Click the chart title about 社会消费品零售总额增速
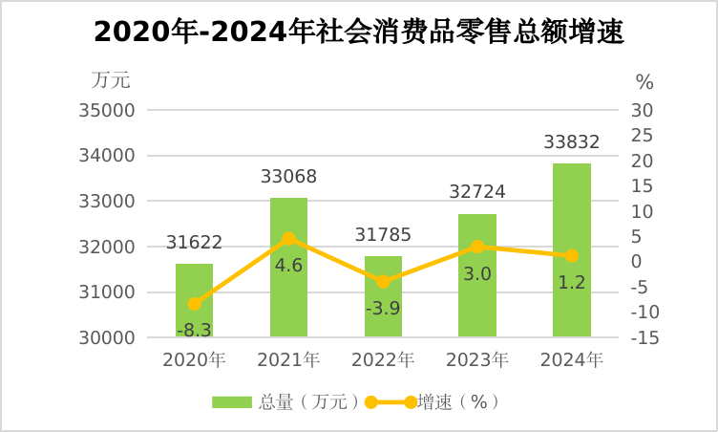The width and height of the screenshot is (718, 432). pos(359,32)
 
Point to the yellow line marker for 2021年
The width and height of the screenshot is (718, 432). pos(288,238)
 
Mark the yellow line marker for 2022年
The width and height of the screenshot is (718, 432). pos(383,281)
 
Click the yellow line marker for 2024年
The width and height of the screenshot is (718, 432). pos(572,255)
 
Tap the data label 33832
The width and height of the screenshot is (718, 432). pos(572,142)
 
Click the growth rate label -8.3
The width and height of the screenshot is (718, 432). pos(194,330)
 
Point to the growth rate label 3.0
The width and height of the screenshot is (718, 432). pos(477,274)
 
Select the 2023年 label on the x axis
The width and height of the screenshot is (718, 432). pos(477,360)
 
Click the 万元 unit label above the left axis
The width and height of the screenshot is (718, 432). pos(111,79)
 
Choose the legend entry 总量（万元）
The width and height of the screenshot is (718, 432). pos(285,402)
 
